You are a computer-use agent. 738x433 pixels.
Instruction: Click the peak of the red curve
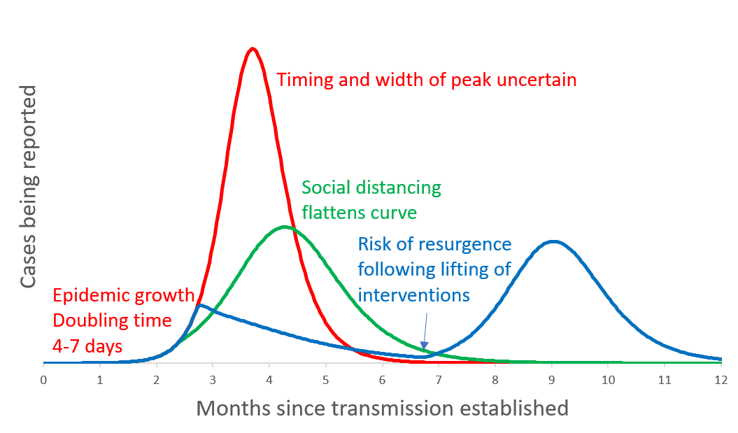click(253, 48)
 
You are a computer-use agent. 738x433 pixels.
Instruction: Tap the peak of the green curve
click(284, 227)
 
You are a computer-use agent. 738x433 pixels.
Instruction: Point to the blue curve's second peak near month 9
click(553, 241)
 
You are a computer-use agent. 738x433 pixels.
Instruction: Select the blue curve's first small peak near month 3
click(200, 305)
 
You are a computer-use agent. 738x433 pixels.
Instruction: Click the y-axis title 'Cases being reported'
click(29, 187)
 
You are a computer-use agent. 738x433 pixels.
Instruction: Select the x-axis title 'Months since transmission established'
click(382, 408)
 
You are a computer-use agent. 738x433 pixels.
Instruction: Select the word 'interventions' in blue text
click(414, 294)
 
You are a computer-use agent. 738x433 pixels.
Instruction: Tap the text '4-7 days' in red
click(87, 345)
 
